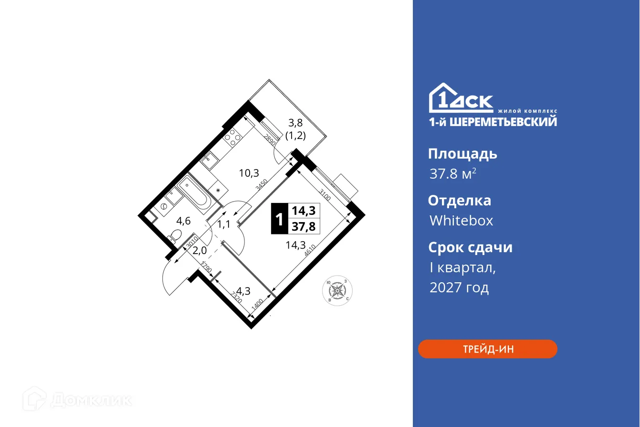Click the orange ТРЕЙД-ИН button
(x=487, y=349)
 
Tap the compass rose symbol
(x=338, y=289)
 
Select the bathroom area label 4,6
(x=184, y=221)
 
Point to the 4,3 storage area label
(x=243, y=290)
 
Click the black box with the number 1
(x=279, y=218)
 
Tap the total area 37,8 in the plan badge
(x=304, y=226)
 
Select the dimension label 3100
(x=325, y=195)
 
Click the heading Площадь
(x=462, y=154)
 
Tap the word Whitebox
(x=461, y=221)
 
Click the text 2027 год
(x=459, y=288)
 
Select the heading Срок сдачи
(x=470, y=247)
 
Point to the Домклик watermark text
(x=91, y=400)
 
